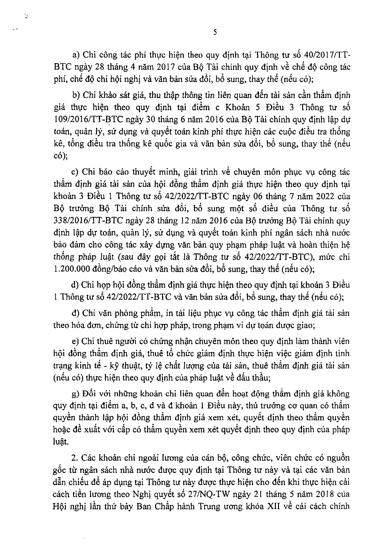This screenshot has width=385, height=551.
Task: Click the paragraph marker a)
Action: pos(76,55)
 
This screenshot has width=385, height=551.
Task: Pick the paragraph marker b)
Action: pos(76,95)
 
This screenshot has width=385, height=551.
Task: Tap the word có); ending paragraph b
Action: pos(60,156)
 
